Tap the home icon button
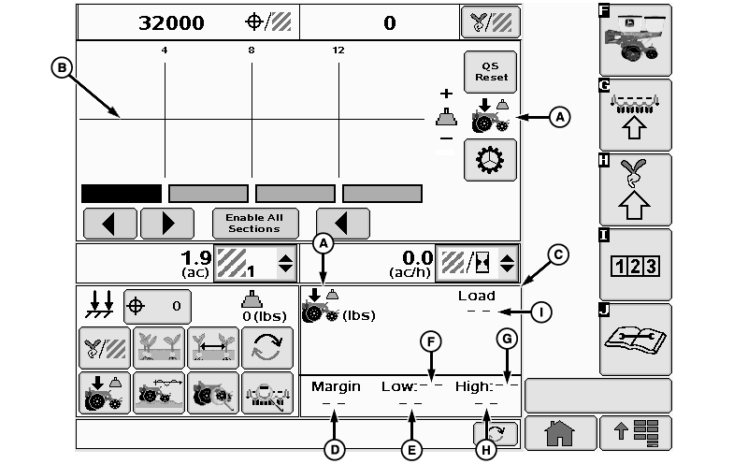pyautogui.click(x=558, y=432)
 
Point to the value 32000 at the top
pyautogui.click(x=172, y=22)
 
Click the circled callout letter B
pyautogui.click(x=61, y=67)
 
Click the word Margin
pyautogui.click(x=336, y=385)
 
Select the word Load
pyautogui.click(x=476, y=296)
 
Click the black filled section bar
pyautogui.click(x=122, y=194)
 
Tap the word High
pyautogui.click(x=474, y=385)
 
